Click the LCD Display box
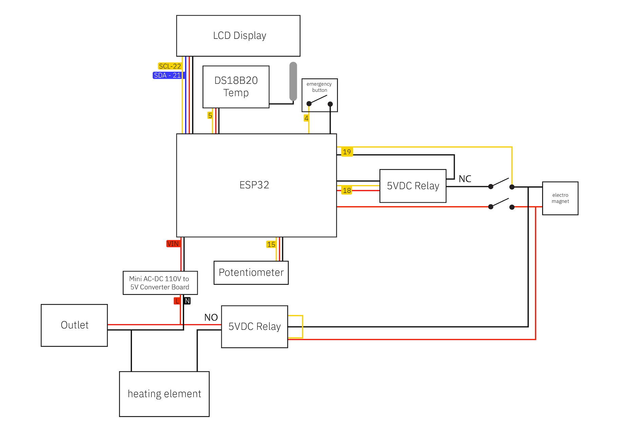coord(238,36)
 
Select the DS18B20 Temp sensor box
coord(236,87)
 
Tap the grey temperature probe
coord(293,81)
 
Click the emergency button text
coord(319,87)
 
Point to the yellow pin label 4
coord(306,118)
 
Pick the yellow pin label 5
coord(210,116)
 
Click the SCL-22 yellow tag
coord(170,66)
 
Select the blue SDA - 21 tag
coord(168,75)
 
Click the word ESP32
coord(254,185)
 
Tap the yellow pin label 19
coord(347,152)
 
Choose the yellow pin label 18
coord(347,190)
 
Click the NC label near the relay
coord(465,179)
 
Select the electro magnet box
coord(560,198)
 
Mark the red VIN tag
coord(173,244)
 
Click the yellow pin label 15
coord(271,244)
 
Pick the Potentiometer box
coord(251,272)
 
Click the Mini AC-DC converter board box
coord(160,283)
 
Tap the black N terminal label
coord(187,301)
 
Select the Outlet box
coord(74,325)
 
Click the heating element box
coord(164,394)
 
